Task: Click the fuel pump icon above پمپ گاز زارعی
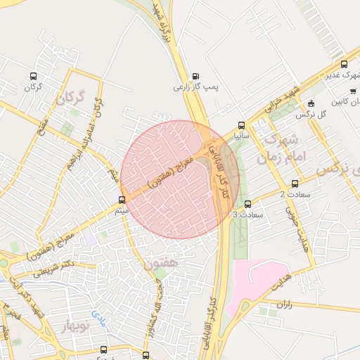click(195, 77)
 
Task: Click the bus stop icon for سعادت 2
click(295, 184)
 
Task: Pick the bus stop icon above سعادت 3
click(247, 204)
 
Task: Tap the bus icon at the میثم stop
click(122, 200)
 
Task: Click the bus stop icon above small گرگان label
click(33, 77)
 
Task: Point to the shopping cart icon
click(352, 91)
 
